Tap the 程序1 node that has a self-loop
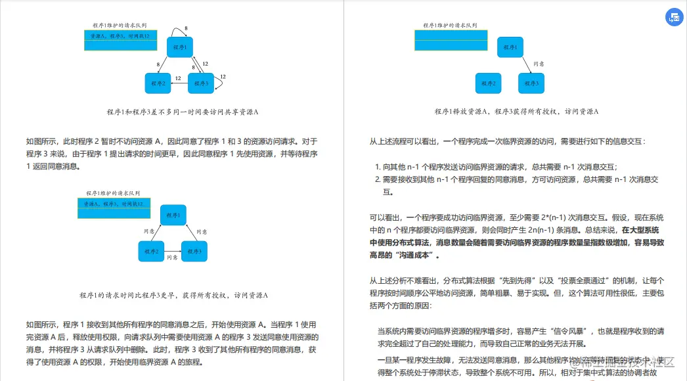point(179,47)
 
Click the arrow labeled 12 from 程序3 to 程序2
point(179,83)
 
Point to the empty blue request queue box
point(451,40)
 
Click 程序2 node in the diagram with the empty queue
point(488,83)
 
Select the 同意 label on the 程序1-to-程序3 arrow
point(539,64)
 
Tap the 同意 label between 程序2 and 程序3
point(171,258)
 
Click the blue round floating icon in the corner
point(675,18)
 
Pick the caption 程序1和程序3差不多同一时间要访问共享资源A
point(183,112)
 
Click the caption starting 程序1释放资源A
point(516,112)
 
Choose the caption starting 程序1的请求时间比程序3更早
point(173,295)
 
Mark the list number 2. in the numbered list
point(378,179)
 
